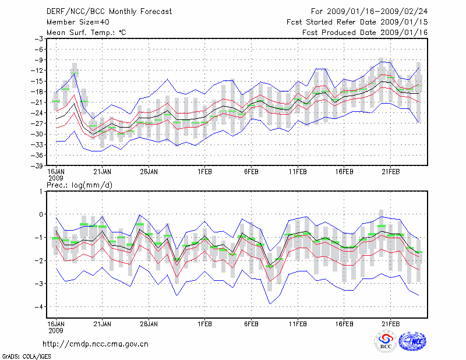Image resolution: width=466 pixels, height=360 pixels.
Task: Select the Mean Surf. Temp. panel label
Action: tap(86, 32)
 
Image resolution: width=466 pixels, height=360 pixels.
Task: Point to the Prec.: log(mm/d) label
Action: tap(83, 185)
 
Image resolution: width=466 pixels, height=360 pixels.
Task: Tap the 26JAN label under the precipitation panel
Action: tap(149, 323)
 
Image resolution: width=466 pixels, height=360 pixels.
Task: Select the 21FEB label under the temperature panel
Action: tap(390, 172)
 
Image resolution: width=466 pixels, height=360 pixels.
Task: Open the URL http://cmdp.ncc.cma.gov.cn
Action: tap(96, 344)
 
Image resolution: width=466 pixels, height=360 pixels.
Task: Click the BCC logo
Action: tap(386, 342)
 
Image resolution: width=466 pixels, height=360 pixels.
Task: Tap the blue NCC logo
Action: tap(412, 342)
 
